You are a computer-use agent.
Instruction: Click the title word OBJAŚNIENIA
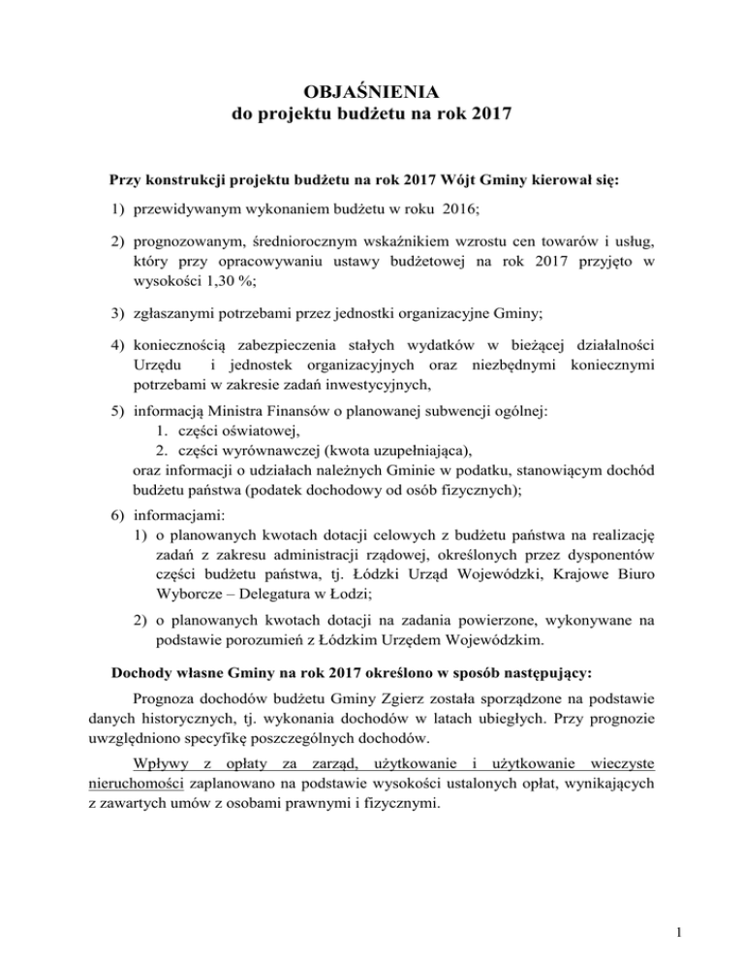tap(372, 93)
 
